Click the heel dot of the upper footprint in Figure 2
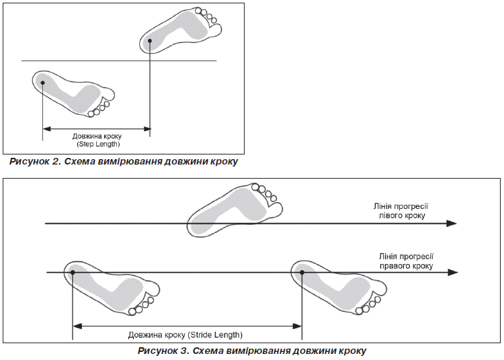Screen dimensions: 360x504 tap(151, 41)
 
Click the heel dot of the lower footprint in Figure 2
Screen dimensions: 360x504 tap(42, 83)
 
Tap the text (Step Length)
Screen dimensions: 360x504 tap(97, 144)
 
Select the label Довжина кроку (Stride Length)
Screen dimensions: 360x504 tap(185, 334)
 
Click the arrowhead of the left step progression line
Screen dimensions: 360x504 tap(454, 223)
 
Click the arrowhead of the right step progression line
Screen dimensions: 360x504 tap(454, 272)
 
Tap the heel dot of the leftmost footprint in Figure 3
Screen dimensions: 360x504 tap(72, 272)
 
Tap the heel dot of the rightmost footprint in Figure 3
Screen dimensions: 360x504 tap(302, 272)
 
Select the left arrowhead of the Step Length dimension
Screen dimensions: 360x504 tap(46, 129)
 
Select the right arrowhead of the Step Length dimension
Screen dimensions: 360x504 tap(147, 129)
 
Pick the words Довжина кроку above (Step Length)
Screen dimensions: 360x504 tap(97, 136)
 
